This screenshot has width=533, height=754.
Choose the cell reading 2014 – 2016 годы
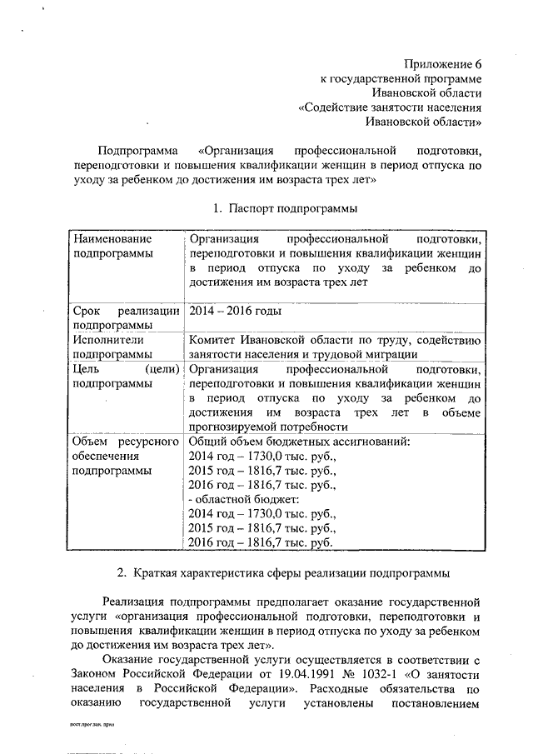pos(236,311)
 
